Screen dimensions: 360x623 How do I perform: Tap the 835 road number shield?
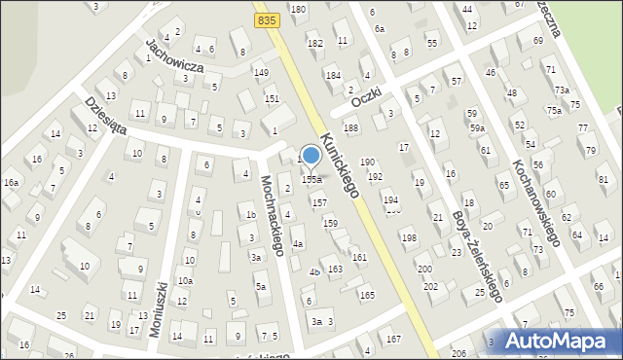(x=265, y=19)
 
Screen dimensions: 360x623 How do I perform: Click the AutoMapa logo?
(x=563, y=341)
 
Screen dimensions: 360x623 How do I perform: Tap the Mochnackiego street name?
(x=272, y=215)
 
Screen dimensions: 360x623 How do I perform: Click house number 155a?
(x=311, y=180)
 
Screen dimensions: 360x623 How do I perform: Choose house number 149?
(x=261, y=73)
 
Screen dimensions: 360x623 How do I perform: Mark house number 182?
(x=314, y=44)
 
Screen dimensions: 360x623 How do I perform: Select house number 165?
(x=367, y=294)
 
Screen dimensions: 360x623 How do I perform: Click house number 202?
(x=430, y=287)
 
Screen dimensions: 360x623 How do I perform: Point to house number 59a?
(x=477, y=128)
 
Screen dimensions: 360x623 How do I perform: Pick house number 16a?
(x=11, y=183)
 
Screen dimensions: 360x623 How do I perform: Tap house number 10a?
(x=185, y=281)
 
